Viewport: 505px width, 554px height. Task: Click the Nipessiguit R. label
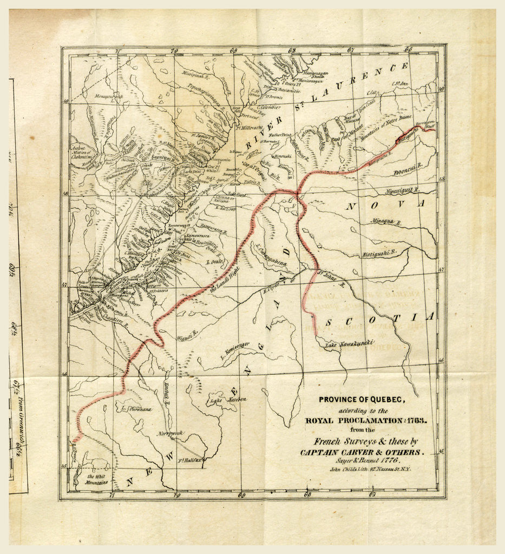(403, 190)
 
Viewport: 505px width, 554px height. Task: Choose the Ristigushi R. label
(379, 253)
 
